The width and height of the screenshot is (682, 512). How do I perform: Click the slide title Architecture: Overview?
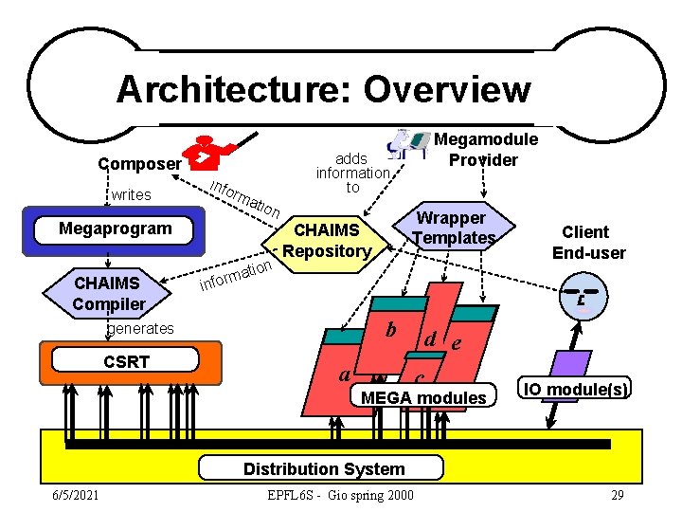coord(323,90)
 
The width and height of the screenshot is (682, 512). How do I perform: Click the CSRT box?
coord(126,361)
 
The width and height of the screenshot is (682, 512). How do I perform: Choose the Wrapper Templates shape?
coord(454,229)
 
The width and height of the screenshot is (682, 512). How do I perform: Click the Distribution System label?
coord(323,468)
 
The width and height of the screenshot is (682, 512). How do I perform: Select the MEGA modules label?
coord(423,397)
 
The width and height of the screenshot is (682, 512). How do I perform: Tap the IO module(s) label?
coord(576,389)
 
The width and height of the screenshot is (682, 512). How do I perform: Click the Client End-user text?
coord(593,242)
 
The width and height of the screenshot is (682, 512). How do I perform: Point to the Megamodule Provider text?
coord(485,149)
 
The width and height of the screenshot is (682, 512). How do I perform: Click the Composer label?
coord(139,163)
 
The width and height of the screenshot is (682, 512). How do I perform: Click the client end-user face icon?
coord(584,295)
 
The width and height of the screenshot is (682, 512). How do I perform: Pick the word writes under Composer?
coord(131,194)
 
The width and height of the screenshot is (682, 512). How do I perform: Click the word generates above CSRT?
coord(140,328)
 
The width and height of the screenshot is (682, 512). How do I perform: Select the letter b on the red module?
coord(389,330)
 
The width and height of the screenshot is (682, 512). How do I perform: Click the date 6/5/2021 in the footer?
coord(81,495)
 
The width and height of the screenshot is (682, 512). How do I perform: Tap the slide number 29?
coord(617,495)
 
